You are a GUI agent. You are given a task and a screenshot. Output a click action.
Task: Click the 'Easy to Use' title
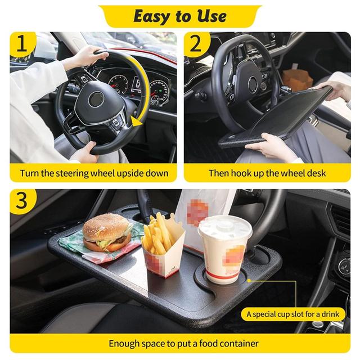point(180,16)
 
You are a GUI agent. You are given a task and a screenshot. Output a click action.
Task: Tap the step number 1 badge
point(22,44)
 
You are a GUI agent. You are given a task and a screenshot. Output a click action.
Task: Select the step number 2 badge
point(196,44)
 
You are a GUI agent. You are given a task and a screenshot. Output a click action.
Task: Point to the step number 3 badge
point(22,201)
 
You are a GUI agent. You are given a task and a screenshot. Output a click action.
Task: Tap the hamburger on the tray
point(107,232)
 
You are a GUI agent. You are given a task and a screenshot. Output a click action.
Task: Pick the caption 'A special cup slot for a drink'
point(292,314)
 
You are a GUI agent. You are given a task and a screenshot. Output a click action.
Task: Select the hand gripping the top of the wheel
point(88,57)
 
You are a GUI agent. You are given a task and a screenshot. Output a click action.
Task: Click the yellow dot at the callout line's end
point(249,281)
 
